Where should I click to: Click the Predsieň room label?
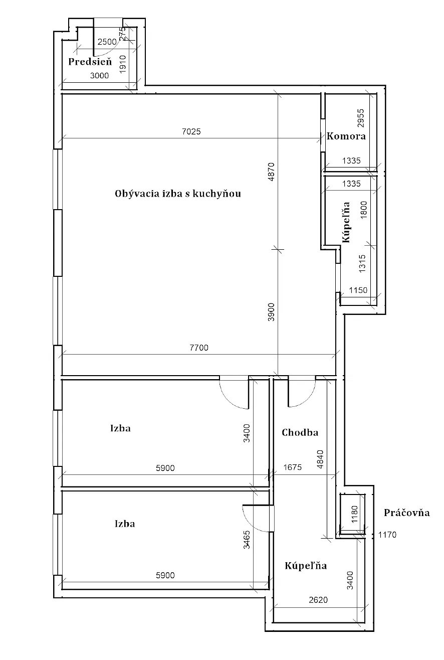coord(90,62)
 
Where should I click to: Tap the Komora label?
coord(346,136)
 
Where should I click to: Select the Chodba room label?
coord(300,432)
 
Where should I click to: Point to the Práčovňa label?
coord(406,513)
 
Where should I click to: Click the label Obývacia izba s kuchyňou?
coord(178,194)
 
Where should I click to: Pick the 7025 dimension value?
coord(191,131)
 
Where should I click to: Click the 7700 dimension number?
coord(199,348)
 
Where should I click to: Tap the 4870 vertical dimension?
coord(271,172)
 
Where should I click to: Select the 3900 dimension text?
coord(271,312)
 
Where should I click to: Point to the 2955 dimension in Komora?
coord(361,118)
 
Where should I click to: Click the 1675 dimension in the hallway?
coord(292,467)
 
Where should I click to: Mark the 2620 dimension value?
coord(318,600)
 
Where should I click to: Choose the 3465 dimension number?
coord(247,540)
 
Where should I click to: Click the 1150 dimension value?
coord(358,290)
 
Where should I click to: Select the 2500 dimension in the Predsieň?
coord(107,42)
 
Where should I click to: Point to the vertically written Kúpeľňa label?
coord(346,222)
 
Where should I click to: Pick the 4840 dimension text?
coord(320,459)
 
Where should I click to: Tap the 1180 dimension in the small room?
coord(354,514)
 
